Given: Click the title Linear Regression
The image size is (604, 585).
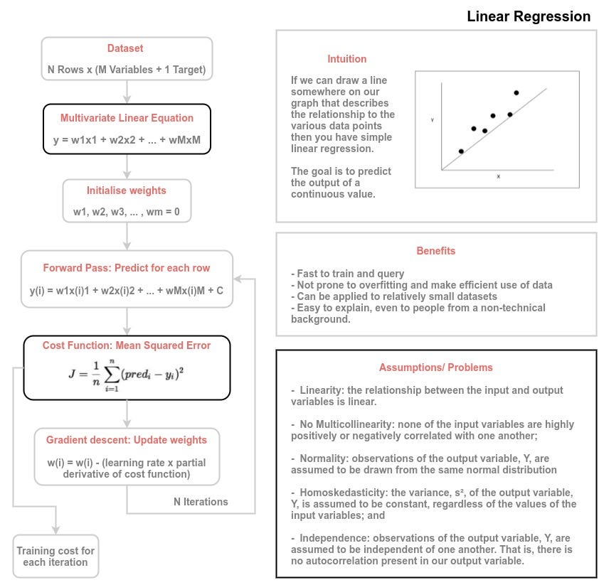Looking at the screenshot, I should tap(528, 16).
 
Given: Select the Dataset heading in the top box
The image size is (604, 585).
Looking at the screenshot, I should tap(125, 49).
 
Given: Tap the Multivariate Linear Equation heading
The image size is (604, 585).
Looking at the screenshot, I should tap(127, 118).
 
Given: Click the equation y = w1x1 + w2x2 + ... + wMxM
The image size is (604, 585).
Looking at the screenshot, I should tap(127, 139).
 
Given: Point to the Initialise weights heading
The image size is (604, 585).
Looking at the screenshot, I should tap(126, 190).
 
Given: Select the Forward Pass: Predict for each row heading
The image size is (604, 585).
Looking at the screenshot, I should tap(127, 268).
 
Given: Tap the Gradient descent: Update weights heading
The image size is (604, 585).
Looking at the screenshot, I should tap(126, 440).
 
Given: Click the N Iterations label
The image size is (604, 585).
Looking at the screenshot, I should tap(201, 502).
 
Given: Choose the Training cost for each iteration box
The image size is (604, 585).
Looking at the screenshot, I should tap(55, 557).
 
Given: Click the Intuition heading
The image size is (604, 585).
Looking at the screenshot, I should tap(347, 59).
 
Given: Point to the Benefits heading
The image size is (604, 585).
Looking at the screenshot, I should tap(435, 251).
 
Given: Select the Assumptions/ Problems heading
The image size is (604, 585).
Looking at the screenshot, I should tap(435, 367).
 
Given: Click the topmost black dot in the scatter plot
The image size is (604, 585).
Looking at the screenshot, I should tap(516, 92).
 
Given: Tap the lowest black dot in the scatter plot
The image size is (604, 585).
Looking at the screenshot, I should tap(461, 151).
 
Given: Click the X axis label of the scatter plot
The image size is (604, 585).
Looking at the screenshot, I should tap(498, 176).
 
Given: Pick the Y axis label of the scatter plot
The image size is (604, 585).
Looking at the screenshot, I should tap(432, 120).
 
